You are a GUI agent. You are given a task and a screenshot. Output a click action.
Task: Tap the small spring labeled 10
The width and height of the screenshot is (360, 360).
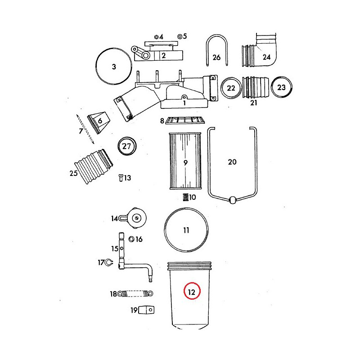tap(186, 197)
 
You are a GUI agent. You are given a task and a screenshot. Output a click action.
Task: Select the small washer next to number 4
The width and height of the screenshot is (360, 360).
tap(156, 37)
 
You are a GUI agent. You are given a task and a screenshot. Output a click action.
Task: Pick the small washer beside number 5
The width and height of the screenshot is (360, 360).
tap(180, 36)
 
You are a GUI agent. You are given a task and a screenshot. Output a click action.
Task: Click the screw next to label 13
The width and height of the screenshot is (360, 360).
tap(121, 178)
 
